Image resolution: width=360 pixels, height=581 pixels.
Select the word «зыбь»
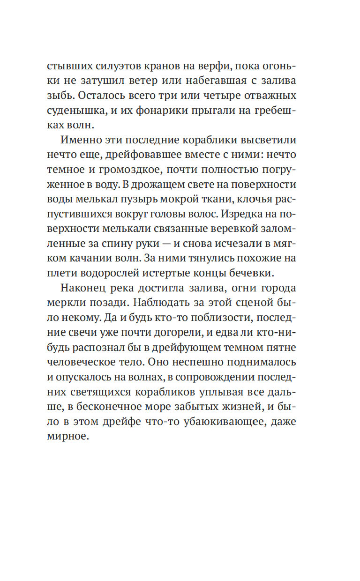[73, 96]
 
